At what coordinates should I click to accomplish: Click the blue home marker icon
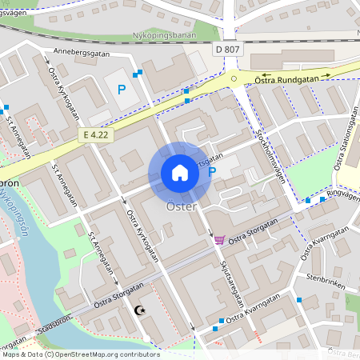pyautogui.click(x=180, y=173)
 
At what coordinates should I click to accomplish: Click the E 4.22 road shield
pyautogui.click(x=94, y=136)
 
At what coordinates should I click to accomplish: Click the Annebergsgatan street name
pyautogui.click(x=80, y=52)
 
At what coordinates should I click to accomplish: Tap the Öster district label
pyautogui.click(x=181, y=206)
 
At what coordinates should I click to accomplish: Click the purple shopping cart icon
pyautogui.click(x=218, y=239)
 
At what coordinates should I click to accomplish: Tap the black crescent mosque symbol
pyautogui.click(x=142, y=310)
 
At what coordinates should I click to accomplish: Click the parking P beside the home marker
pyautogui.click(x=212, y=171)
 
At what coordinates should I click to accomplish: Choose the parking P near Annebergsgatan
pyautogui.click(x=122, y=90)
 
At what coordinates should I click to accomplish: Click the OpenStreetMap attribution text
pyautogui.click(x=80, y=354)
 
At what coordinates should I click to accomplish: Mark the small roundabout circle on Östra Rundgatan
pyautogui.click(x=234, y=78)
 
